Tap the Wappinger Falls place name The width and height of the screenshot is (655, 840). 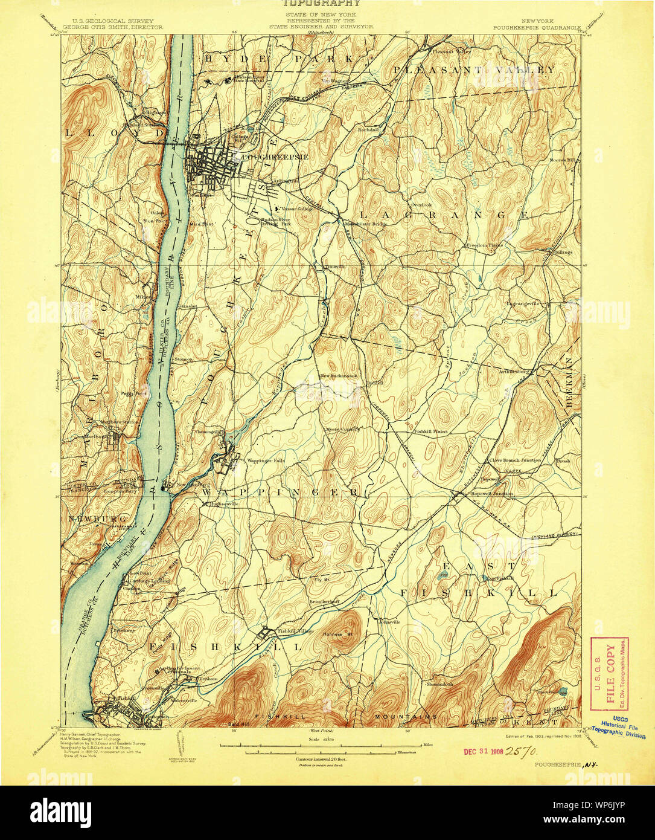pos(266,460)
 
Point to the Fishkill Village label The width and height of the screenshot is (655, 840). pos(295,631)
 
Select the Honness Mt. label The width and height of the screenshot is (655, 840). pos(338,635)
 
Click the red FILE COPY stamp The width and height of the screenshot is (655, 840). pos(609,673)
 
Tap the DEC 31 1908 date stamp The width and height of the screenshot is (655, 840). pos(484,751)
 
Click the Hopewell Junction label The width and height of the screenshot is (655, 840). pos(493,493)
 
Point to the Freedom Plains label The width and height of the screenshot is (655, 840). pos(484,245)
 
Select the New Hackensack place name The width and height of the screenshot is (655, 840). pos(339,375)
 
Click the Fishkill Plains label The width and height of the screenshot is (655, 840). pos(430,431)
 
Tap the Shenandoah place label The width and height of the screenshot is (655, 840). pos(439,684)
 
